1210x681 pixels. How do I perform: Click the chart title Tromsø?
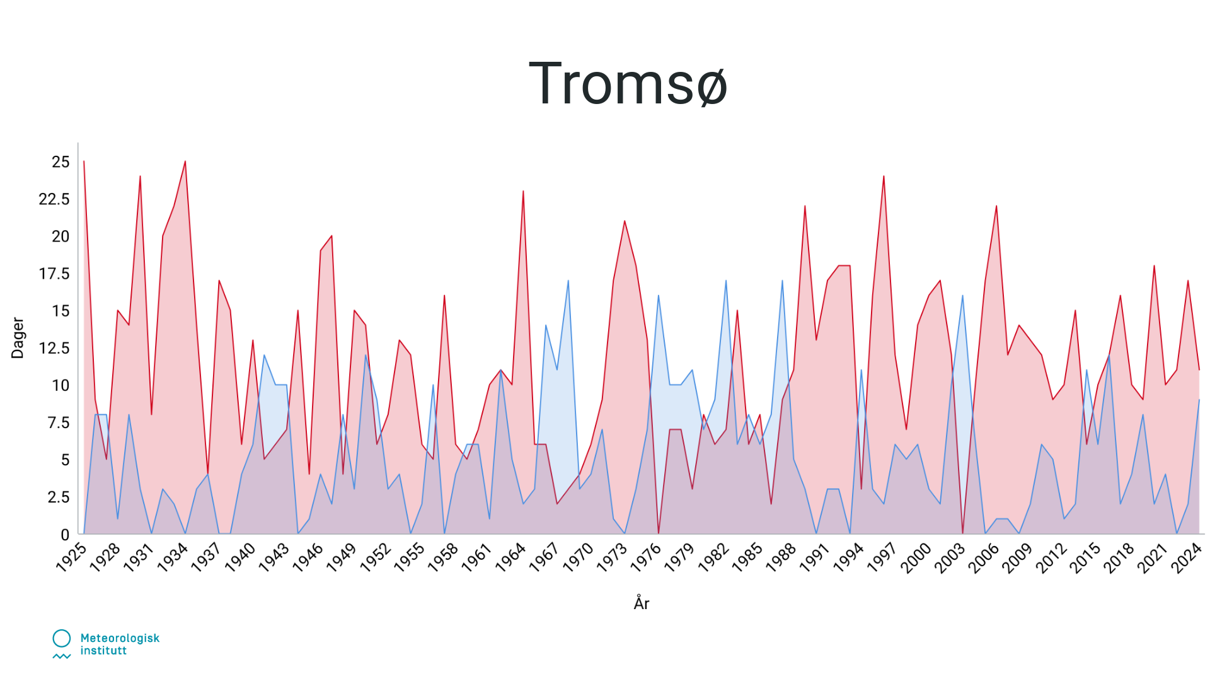(x=628, y=83)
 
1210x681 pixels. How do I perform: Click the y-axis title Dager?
(x=18, y=338)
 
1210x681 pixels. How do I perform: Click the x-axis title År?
(x=642, y=603)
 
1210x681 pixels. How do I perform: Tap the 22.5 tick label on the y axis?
(x=54, y=199)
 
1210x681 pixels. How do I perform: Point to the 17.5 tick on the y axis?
(x=54, y=274)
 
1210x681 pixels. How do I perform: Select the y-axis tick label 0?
(x=65, y=535)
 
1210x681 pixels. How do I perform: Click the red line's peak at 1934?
(x=185, y=161)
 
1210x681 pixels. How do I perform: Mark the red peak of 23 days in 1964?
(x=523, y=191)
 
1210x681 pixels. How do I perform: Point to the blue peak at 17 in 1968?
(x=568, y=281)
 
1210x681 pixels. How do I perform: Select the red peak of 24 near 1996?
(x=884, y=176)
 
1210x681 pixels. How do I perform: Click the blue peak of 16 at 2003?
(x=962, y=295)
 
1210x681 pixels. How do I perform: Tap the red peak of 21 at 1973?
(x=625, y=221)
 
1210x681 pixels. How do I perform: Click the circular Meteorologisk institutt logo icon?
(x=62, y=638)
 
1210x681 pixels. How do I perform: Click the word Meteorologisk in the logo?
(x=120, y=638)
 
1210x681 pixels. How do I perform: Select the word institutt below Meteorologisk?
(x=103, y=651)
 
